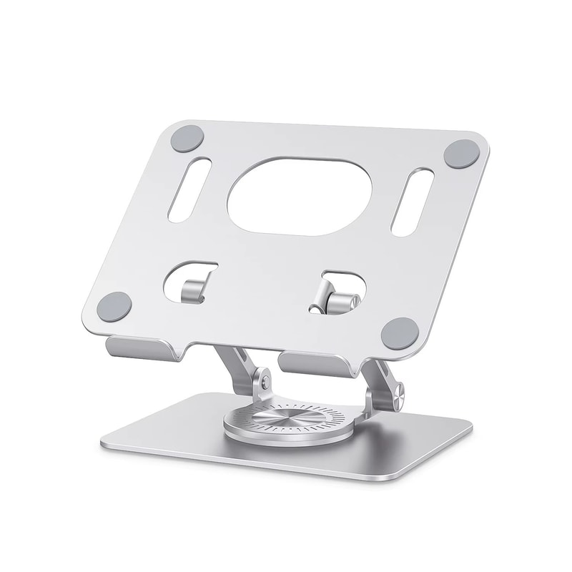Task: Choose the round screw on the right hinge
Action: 398,390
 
